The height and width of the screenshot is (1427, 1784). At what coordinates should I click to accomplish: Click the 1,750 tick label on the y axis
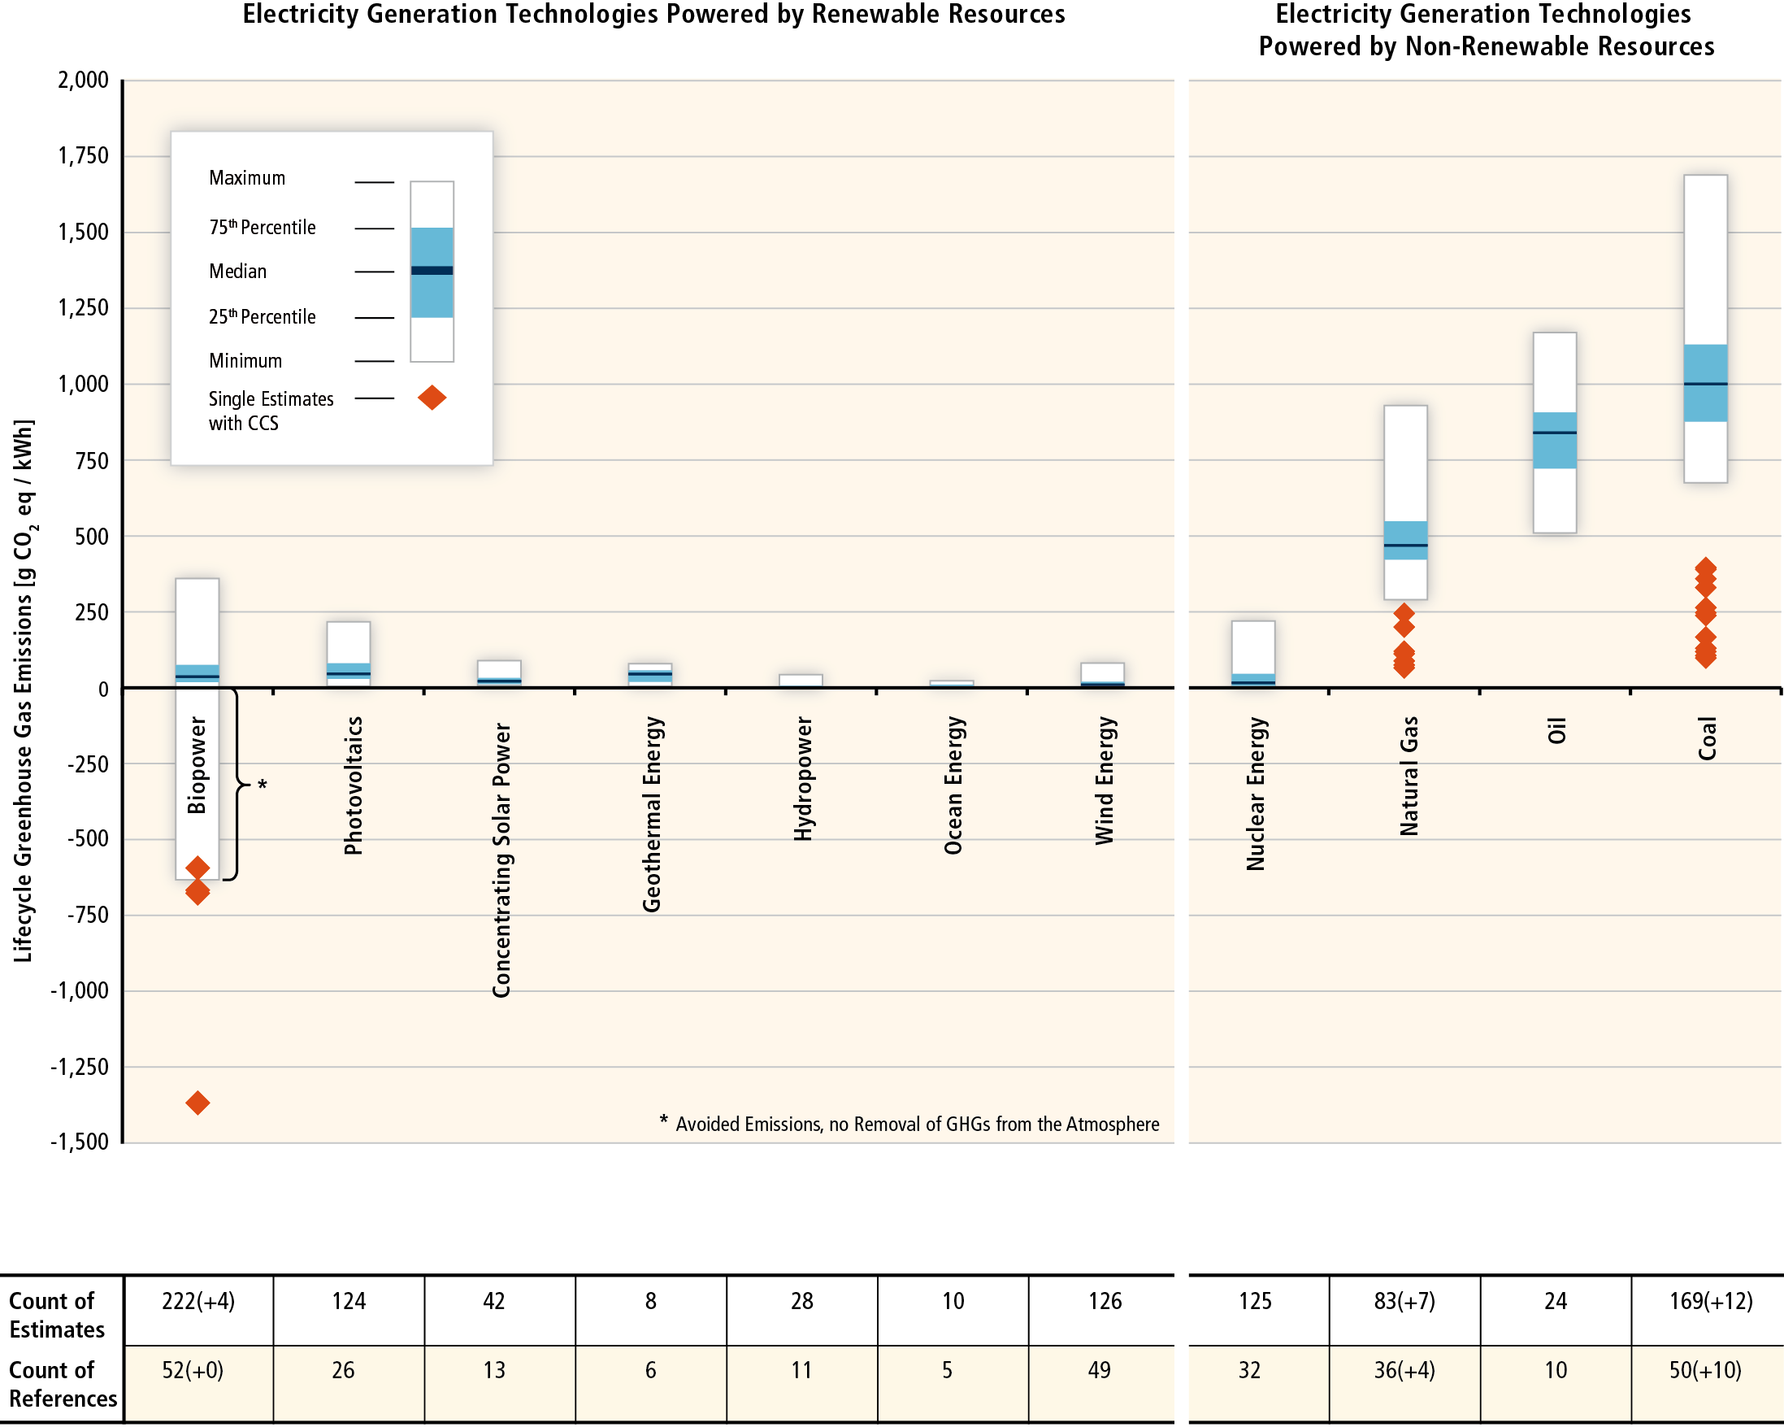tap(83, 155)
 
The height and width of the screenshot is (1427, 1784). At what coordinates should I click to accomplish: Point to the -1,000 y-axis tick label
tap(80, 991)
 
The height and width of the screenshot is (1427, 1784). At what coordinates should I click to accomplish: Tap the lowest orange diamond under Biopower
tap(197, 1103)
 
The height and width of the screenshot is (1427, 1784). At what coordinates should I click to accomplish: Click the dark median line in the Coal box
tap(1705, 384)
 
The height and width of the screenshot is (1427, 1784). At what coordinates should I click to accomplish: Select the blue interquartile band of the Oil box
tap(1555, 441)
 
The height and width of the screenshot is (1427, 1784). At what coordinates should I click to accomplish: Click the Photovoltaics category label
tap(354, 785)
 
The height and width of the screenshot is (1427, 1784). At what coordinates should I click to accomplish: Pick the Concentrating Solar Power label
tap(501, 860)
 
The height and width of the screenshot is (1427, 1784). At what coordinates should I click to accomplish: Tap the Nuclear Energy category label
tap(1256, 794)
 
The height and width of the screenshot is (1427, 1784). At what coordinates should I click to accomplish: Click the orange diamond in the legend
tap(432, 398)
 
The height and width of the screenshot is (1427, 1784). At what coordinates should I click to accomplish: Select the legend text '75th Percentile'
tap(263, 228)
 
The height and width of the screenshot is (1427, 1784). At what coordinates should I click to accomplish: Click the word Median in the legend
tap(237, 272)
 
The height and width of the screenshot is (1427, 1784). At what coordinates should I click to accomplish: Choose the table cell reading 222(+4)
tap(198, 1301)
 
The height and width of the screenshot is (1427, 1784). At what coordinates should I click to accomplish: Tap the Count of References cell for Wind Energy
tap(1100, 1370)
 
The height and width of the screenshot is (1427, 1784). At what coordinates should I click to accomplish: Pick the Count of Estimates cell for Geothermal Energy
tap(651, 1301)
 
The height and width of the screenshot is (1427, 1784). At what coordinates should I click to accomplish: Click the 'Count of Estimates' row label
tap(57, 1316)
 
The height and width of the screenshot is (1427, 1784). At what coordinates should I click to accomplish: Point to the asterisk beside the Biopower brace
tap(263, 784)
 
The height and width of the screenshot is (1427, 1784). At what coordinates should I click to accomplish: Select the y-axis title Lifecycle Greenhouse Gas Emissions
tap(24, 690)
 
